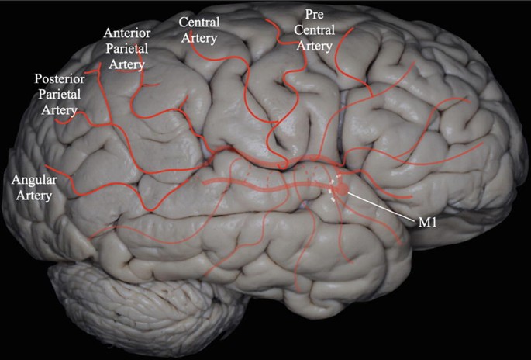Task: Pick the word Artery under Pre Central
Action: (317, 47)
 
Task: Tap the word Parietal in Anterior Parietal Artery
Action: (125, 49)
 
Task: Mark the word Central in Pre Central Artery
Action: (317, 32)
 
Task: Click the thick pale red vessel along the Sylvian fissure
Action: (264, 186)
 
